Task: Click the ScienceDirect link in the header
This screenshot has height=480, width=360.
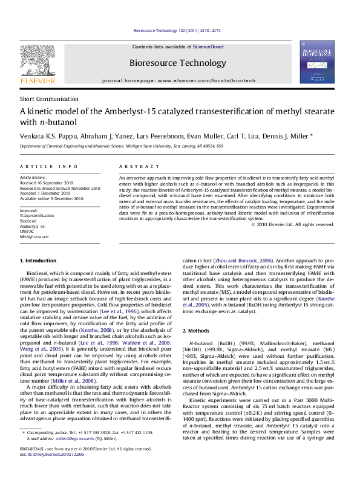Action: [208, 47]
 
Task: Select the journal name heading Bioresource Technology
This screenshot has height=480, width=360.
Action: [177, 63]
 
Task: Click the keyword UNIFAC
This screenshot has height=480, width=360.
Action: [27, 232]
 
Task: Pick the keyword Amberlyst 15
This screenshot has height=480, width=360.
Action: [33, 226]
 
